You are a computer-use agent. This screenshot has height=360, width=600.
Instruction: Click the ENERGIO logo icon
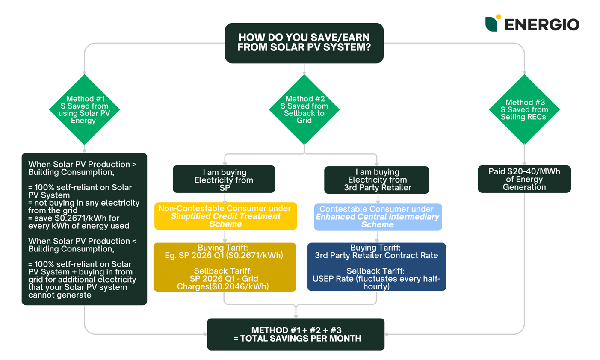point(492,23)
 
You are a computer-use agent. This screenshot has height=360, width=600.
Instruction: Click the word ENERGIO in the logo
point(542,24)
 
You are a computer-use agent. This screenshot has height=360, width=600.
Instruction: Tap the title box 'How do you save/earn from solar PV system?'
point(304,43)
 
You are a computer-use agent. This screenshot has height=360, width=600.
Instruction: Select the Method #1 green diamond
point(84,109)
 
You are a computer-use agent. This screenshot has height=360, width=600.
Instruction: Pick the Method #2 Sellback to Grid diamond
point(304,109)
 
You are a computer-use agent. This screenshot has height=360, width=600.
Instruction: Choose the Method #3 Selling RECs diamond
point(524,109)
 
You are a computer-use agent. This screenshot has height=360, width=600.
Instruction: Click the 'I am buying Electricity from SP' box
point(224,180)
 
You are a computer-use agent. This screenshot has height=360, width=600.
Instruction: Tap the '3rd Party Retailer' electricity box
point(377,180)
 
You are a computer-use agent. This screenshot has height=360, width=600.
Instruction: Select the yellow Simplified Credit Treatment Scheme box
point(225,216)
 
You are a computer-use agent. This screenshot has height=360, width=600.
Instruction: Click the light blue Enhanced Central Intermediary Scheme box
point(378,217)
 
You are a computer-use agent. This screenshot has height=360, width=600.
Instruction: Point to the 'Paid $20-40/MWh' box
point(524,179)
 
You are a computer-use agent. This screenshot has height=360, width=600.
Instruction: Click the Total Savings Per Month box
point(296,334)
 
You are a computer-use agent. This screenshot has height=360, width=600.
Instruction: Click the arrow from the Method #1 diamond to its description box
point(84,148)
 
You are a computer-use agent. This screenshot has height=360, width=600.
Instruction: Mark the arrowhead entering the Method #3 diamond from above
point(524,72)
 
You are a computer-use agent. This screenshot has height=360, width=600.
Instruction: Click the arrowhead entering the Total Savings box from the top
point(296,316)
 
